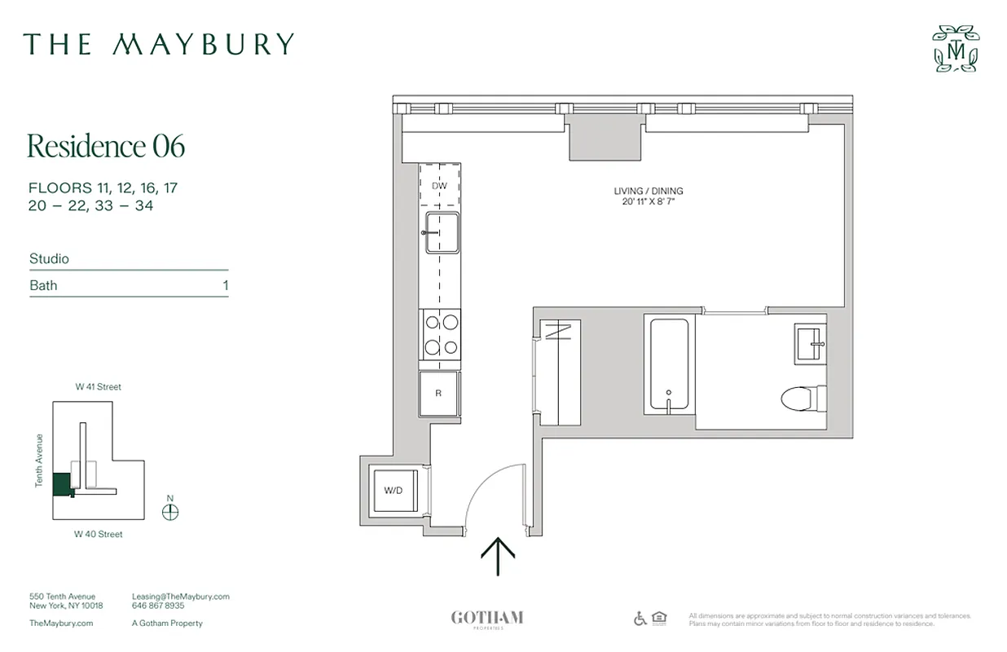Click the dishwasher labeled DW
440,186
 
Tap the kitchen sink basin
441,233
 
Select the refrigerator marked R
439,394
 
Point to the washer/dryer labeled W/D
394,490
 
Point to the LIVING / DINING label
649,192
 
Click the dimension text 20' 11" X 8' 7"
649,201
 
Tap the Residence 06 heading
106,146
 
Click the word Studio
50,258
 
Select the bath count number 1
226,285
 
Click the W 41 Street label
99,387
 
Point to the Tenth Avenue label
39,460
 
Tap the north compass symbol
170,512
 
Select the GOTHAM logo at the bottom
487,619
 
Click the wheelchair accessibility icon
640,619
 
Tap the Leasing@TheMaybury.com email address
180,597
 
